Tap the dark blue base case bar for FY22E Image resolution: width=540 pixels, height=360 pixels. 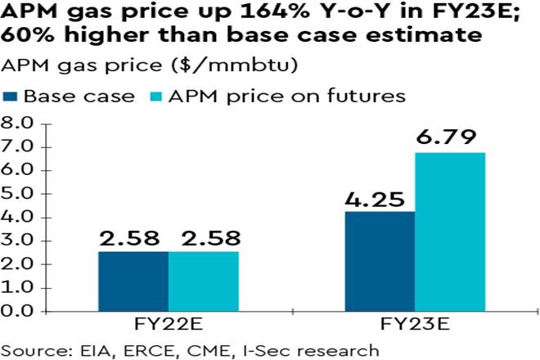click(x=133, y=281)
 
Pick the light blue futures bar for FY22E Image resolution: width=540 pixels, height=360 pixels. click(x=202, y=281)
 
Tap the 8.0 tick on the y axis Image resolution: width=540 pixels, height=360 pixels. click(x=17, y=124)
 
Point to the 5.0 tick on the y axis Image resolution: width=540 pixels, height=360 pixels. click(x=17, y=195)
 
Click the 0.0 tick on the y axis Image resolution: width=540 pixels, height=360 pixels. click(x=17, y=312)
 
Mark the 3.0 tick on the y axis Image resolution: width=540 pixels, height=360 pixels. click(x=17, y=241)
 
